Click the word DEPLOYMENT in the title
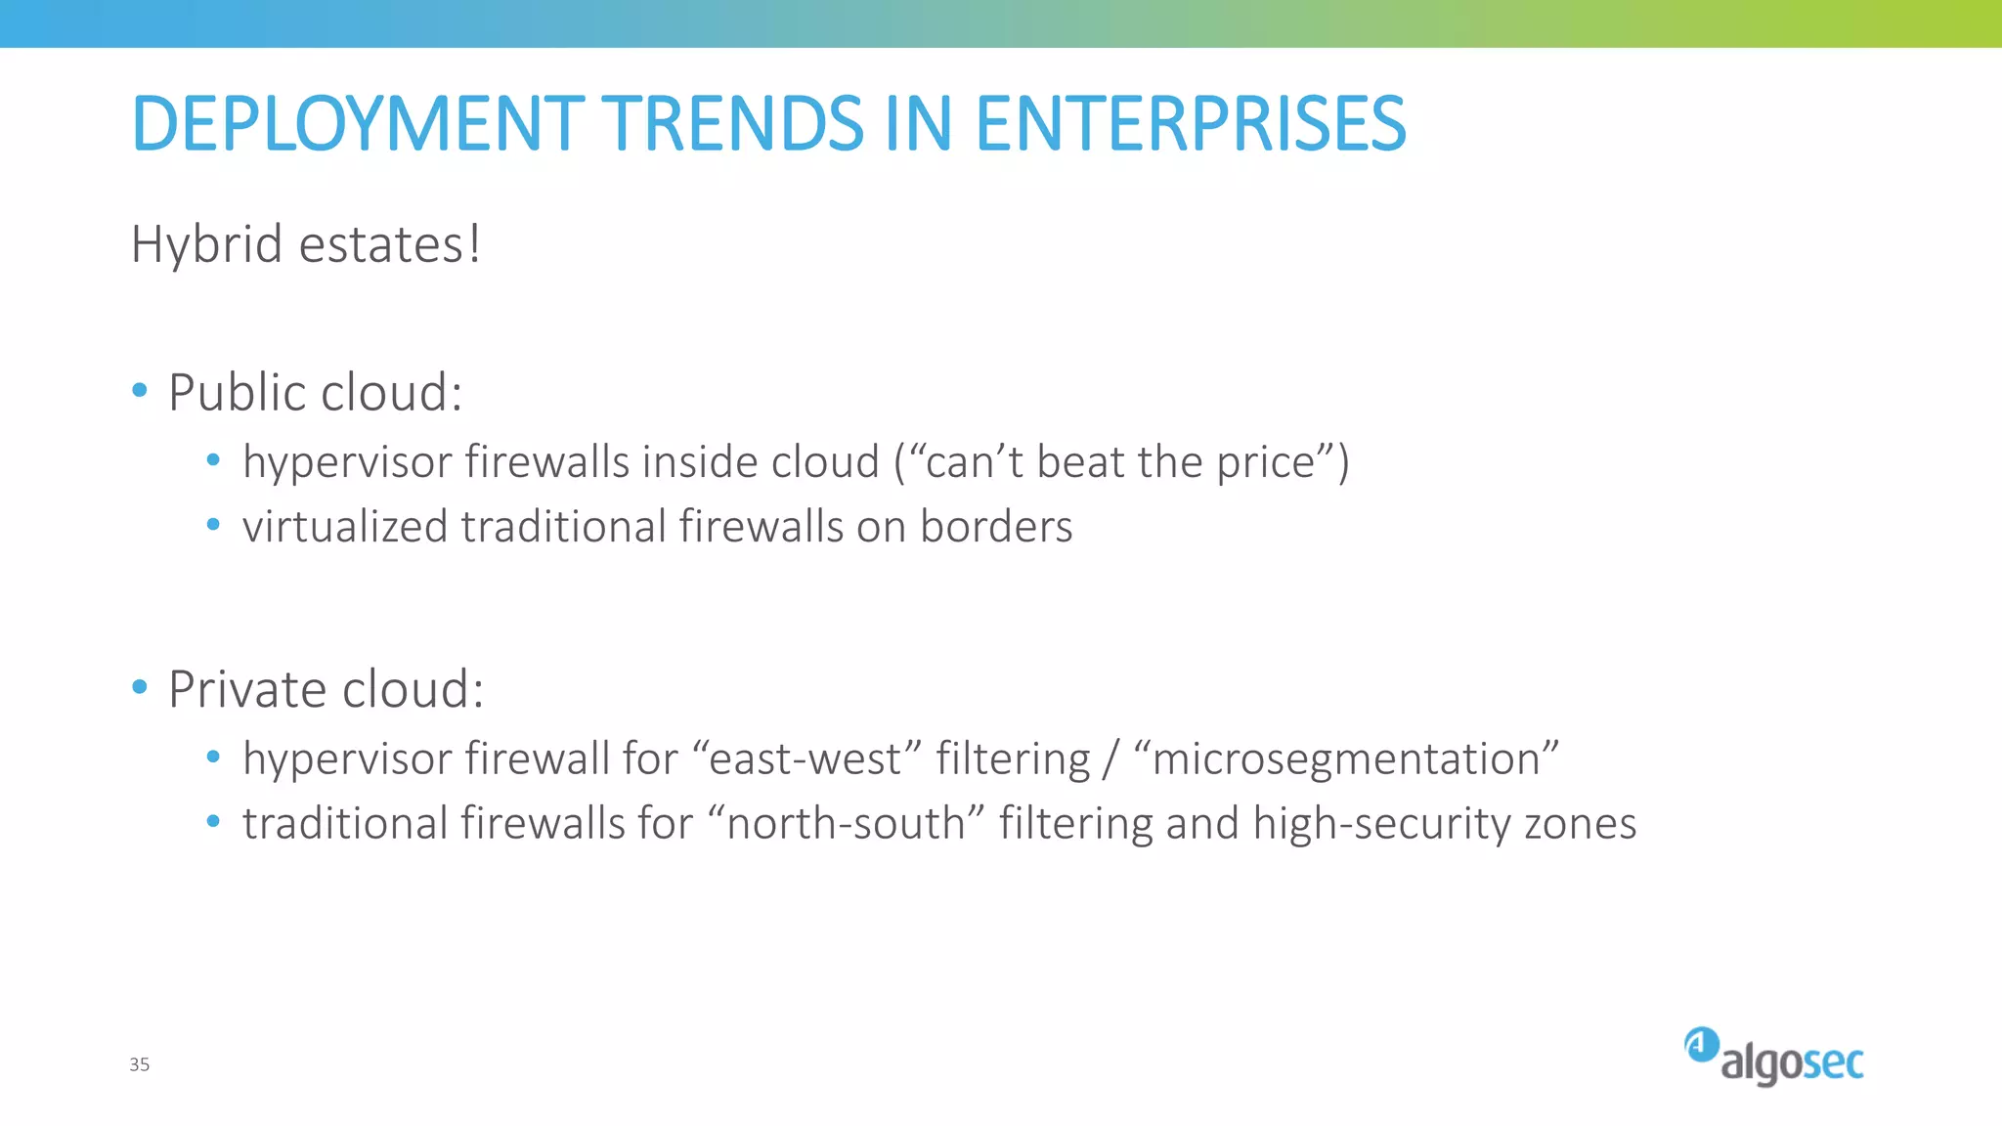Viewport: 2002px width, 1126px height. point(358,124)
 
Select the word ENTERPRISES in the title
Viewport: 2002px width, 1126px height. point(1190,124)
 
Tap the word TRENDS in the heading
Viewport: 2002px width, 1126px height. point(737,124)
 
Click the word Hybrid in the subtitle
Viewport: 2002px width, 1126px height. point(206,243)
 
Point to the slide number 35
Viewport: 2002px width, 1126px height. point(139,1064)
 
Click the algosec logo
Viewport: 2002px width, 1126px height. point(1773,1058)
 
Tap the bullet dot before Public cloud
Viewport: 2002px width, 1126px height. point(140,391)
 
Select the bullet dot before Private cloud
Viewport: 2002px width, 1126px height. point(140,687)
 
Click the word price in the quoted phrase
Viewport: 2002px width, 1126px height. point(1265,462)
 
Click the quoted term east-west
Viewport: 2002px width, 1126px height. point(805,759)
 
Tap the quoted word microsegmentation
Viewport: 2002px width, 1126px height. point(1346,759)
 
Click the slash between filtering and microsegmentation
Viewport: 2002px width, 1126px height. point(1110,759)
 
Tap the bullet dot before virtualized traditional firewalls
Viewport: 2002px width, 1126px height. point(213,525)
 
